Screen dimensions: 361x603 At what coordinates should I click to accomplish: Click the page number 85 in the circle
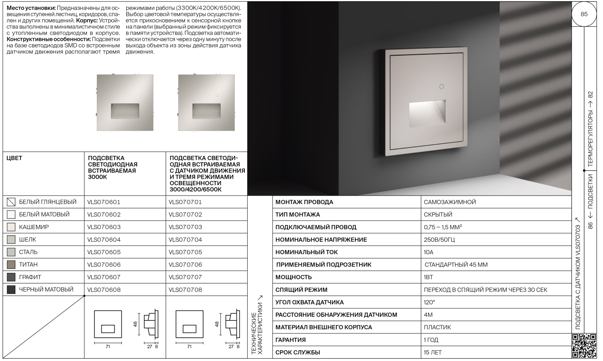[584, 14]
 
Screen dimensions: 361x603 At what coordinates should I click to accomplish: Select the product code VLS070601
[104, 202]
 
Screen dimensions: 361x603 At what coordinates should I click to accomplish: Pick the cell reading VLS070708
[185, 290]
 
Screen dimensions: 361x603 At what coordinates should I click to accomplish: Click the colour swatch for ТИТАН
[11, 265]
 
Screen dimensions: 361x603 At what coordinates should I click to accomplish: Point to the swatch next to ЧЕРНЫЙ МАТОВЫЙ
[11, 290]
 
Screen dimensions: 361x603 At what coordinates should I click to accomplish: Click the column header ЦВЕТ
[14, 158]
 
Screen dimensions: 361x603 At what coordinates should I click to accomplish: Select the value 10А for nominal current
[429, 252]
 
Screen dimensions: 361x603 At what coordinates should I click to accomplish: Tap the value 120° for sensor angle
[429, 302]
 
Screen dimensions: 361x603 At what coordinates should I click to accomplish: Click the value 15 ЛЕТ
[433, 353]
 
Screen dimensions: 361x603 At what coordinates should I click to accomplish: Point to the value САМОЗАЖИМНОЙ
[450, 202]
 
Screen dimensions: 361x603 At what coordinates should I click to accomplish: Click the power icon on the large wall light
[441, 86]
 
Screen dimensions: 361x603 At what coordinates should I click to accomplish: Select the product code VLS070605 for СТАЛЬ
[104, 252]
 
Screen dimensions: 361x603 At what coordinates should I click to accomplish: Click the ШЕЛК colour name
[27, 240]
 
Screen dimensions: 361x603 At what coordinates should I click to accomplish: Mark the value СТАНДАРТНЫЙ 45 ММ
[456, 265]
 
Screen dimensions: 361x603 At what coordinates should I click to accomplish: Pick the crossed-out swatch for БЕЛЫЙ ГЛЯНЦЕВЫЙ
[11, 202]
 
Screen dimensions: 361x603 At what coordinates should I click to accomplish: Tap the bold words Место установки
[31, 8]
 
